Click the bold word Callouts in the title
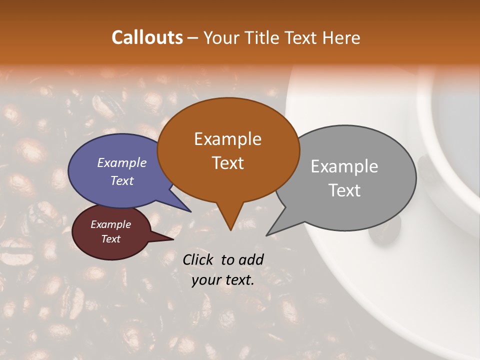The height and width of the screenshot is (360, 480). click(x=147, y=37)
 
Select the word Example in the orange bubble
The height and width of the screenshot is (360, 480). click(x=227, y=139)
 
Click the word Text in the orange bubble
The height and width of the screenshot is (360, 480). click(x=227, y=163)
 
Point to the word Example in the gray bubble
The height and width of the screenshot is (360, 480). click(x=344, y=166)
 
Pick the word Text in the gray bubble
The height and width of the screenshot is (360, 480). click(x=345, y=190)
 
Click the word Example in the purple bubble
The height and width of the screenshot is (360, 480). click(x=121, y=163)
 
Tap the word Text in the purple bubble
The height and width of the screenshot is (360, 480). click(x=121, y=181)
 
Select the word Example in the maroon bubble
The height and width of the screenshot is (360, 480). click(x=110, y=224)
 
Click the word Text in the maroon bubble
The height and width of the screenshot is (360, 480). click(x=110, y=239)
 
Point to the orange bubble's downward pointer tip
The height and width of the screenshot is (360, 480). click(x=230, y=230)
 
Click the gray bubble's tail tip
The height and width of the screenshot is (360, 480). click(x=267, y=235)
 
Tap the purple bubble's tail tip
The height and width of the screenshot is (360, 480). click(x=191, y=211)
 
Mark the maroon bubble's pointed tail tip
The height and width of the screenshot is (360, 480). click(x=173, y=239)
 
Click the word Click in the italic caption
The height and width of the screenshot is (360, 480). click(x=199, y=259)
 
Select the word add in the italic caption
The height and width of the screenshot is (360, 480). click(x=251, y=259)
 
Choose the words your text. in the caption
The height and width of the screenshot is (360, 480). click(x=223, y=280)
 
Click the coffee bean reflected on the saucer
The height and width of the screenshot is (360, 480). click(x=385, y=232)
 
